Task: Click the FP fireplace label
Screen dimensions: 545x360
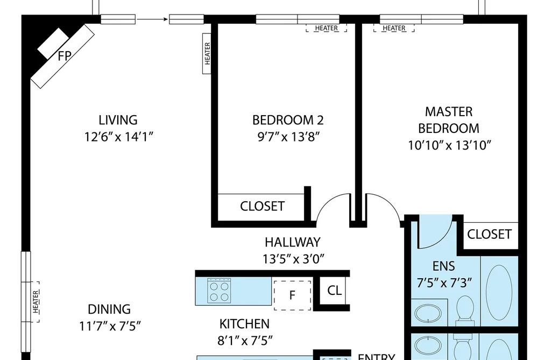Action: (65, 55)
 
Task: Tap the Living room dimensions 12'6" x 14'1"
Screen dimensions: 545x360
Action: (118, 137)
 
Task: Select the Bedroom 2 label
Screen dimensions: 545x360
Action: (288, 120)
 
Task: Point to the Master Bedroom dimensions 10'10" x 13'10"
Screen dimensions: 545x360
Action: (449, 145)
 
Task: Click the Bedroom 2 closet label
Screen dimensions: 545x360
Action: (263, 207)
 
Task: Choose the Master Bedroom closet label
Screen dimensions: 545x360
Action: (490, 234)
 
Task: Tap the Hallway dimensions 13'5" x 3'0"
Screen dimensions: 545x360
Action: (293, 259)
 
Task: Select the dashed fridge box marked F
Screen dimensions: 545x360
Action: (292, 295)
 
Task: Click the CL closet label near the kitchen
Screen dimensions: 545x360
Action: (334, 291)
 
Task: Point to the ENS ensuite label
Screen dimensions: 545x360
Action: (444, 266)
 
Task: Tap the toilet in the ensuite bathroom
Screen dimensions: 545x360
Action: (465, 311)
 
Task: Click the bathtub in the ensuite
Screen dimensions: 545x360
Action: (499, 291)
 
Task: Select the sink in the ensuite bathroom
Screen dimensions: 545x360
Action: (428, 314)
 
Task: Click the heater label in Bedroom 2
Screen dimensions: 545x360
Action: (327, 28)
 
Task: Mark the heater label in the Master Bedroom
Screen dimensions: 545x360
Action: (394, 28)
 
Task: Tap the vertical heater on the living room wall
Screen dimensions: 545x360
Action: (207, 53)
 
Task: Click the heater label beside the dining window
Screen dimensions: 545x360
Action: (36, 302)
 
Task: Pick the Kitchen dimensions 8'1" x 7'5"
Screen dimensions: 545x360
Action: (245, 341)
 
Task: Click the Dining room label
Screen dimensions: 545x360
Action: (109, 309)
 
